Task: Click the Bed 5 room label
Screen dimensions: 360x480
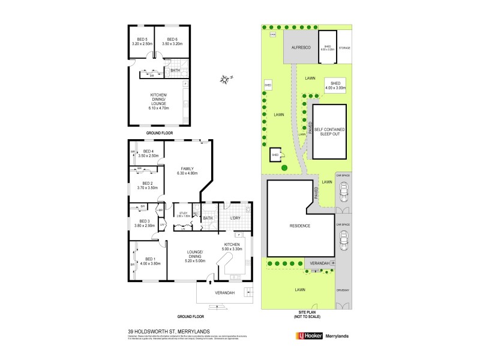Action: click(141, 41)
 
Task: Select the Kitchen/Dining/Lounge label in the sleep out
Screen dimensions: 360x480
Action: click(159, 101)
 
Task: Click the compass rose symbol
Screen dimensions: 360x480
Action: click(224, 78)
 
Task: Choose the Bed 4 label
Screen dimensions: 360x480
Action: click(148, 154)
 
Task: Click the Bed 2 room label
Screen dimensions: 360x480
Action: click(147, 186)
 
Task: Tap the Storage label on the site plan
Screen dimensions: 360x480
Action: click(344, 47)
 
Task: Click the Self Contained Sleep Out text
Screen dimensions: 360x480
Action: click(329, 131)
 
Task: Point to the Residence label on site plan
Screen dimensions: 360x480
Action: click(300, 226)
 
